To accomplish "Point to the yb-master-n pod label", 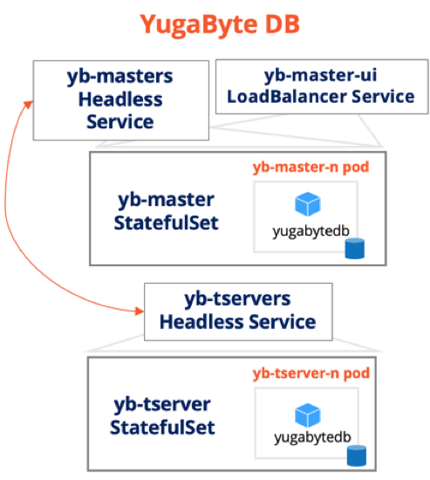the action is (x=311, y=168).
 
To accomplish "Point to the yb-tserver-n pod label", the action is (x=311, y=374).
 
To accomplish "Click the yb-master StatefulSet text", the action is (x=166, y=211).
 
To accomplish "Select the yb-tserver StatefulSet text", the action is (x=162, y=415).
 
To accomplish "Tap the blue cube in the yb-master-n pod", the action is (x=308, y=204).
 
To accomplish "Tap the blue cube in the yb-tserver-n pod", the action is (x=308, y=415).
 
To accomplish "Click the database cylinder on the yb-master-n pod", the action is (x=355, y=249).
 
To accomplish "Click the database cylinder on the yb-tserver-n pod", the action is (x=357, y=456).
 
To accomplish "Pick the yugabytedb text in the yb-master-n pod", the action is (x=311, y=231).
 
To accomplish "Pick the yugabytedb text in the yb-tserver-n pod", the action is (x=312, y=437).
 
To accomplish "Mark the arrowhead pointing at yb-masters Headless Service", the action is (x=28, y=104).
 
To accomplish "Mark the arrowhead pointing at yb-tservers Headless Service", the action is (x=140, y=312).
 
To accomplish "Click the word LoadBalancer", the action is (x=287, y=97).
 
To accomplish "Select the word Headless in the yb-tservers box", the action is (x=201, y=322).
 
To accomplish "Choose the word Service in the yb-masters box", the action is (x=120, y=122).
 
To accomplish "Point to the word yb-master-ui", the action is (x=320, y=75).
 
